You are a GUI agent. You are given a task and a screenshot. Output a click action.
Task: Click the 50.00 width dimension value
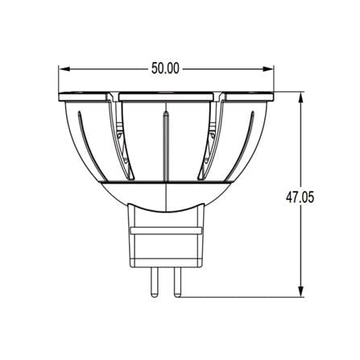(165, 68)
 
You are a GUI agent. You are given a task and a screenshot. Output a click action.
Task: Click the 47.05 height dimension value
(300, 197)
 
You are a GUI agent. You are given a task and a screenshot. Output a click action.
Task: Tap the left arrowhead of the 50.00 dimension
(65, 69)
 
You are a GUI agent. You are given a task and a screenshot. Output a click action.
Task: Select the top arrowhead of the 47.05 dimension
(301, 98)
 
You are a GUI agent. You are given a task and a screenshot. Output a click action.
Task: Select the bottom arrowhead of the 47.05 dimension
(301, 291)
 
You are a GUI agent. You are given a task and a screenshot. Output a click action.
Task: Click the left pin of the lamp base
(154, 283)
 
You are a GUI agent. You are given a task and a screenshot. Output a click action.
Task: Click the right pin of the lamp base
(177, 283)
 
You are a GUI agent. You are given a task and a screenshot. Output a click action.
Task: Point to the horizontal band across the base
(166, 230)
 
